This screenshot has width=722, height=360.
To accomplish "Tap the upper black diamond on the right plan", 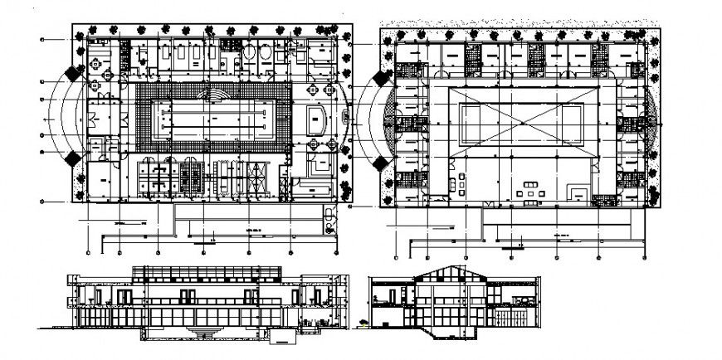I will coord(383,79).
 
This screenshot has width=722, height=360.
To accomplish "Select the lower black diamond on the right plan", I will coord(383,162).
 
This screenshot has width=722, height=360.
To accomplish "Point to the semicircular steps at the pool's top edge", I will coord(213,95).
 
